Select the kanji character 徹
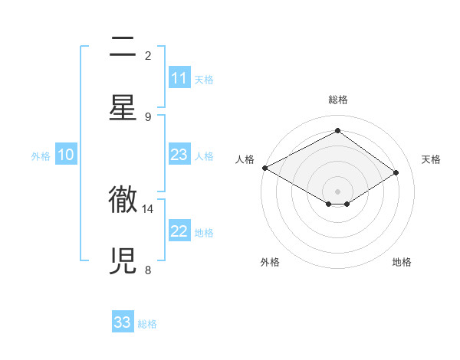click(x=123, y=201)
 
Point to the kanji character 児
click(x=123, y=260)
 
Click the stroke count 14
click(x=148, y=208)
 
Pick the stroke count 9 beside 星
click(x=148, y=116)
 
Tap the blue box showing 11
click(x=179, y=78)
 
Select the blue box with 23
click(x=179, y=155)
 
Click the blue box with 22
click(x=179, y=231)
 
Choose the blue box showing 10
click(x=66, y=155)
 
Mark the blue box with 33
click(x=123, y=322)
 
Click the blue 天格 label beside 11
click(x=204, y=79)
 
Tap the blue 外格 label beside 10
click(x=41, y=155)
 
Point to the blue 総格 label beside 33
click(x=147, y=323)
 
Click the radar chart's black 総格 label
click(x=337, y=100)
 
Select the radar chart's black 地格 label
click(x=402, y=263)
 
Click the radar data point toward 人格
click(x=264, y=168)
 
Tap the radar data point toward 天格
click(x=396, y=172)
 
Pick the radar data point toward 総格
click(x=337, y=131)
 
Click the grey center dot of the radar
click(x=337, y=191)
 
